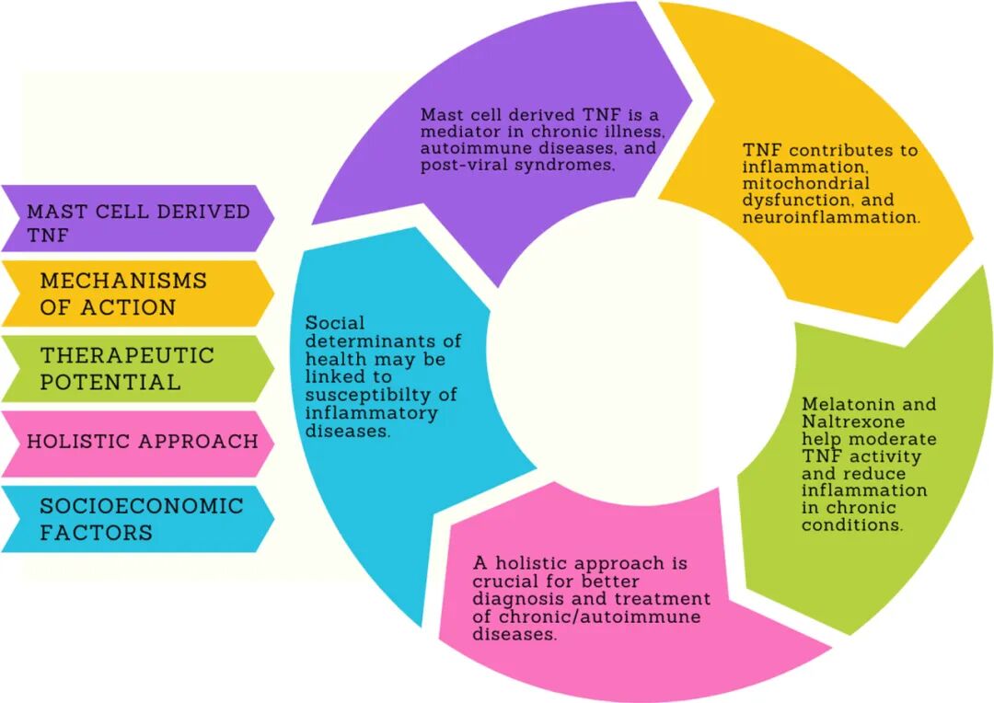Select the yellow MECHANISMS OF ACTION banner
point(138,294)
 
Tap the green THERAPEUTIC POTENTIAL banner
point(138,368)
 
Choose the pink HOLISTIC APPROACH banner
point(138,442)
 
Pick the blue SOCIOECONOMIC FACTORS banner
point(138,518)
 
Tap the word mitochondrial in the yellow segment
point(805,184)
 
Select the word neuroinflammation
point(831,218)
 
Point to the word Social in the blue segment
point(335,323)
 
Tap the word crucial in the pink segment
point(504,581)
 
